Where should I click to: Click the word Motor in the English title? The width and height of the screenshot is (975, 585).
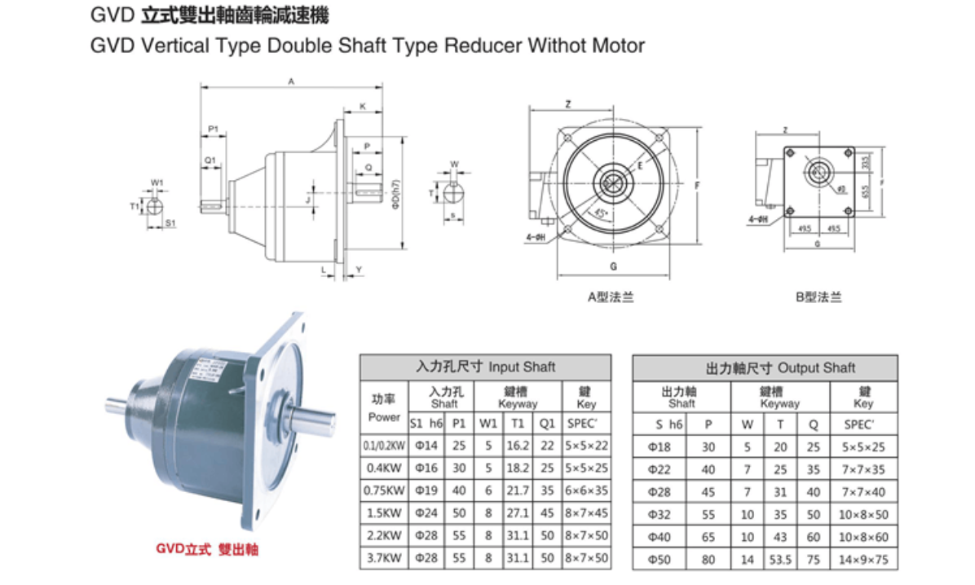click(618, 46)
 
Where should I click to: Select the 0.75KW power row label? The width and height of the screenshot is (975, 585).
click(384, 491)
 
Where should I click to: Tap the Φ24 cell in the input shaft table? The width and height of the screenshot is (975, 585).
click(426, 514)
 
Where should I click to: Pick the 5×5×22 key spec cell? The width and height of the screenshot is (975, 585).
click(586, 446)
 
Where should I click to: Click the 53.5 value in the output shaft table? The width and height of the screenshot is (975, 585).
click(780, 560)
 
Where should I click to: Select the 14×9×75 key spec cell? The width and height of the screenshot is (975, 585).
click(864, 560)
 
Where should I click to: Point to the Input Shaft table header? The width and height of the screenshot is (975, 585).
click(485, 367)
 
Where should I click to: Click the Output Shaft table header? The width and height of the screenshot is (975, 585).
click(765, 368)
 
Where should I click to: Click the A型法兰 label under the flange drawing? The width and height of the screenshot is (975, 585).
click(611, 297)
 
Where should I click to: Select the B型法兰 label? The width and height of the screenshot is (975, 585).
click(818, 297)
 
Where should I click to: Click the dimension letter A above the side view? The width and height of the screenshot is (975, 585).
click(291, 81)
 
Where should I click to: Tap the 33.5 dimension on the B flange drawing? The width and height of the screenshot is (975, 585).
click(865, 163)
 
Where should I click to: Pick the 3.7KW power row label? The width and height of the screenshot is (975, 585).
click(384, 558)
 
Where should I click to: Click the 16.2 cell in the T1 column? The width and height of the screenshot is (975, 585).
click(518, 446)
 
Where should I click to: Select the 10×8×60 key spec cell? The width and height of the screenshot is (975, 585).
click(864, 537)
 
